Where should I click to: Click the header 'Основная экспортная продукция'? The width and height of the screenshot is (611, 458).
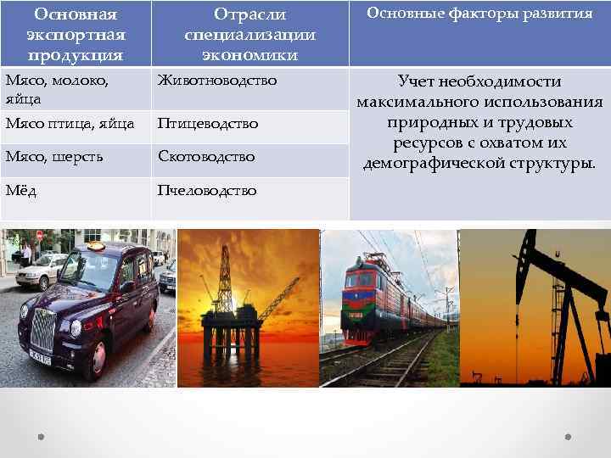click(75, 34)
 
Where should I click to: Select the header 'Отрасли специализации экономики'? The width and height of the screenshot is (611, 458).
click(249, 35)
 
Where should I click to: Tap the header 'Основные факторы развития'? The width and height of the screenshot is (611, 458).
click(479, 14)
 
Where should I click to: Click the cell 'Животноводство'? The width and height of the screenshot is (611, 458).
click(217, 81)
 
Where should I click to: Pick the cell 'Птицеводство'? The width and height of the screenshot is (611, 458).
click(208, 124)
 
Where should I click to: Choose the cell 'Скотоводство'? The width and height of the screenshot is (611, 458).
click(206, 157)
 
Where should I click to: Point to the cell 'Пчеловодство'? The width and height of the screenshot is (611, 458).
click(207, 190)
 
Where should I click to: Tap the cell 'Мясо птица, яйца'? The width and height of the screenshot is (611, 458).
click(70, 124)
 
